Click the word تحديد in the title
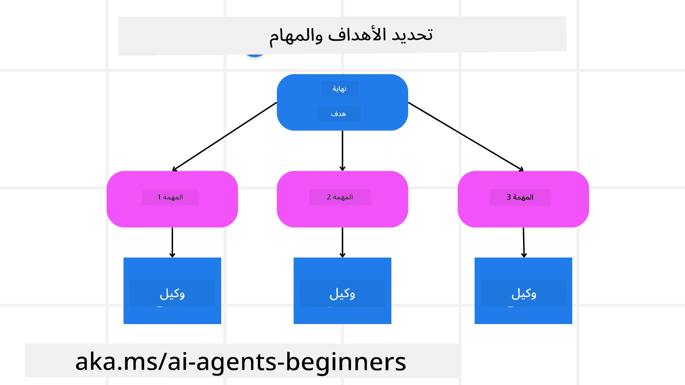412,35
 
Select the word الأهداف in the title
357,35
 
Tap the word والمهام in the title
296,36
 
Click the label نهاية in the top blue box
340,89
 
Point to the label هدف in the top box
339,114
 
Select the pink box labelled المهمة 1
172,214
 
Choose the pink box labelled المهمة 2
342,214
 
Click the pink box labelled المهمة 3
523,214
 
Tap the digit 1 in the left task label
159,197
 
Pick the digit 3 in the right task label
509,197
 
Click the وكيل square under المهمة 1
172,314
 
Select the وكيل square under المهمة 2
342,314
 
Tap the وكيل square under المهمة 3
523,314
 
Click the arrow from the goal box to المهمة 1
225,136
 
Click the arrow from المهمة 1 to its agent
172,242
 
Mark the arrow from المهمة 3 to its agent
524,242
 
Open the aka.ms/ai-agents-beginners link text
241,361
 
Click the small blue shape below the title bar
255,55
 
